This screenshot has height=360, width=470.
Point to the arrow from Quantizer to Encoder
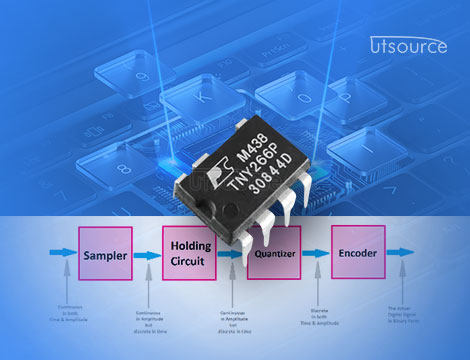pos(316,255)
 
